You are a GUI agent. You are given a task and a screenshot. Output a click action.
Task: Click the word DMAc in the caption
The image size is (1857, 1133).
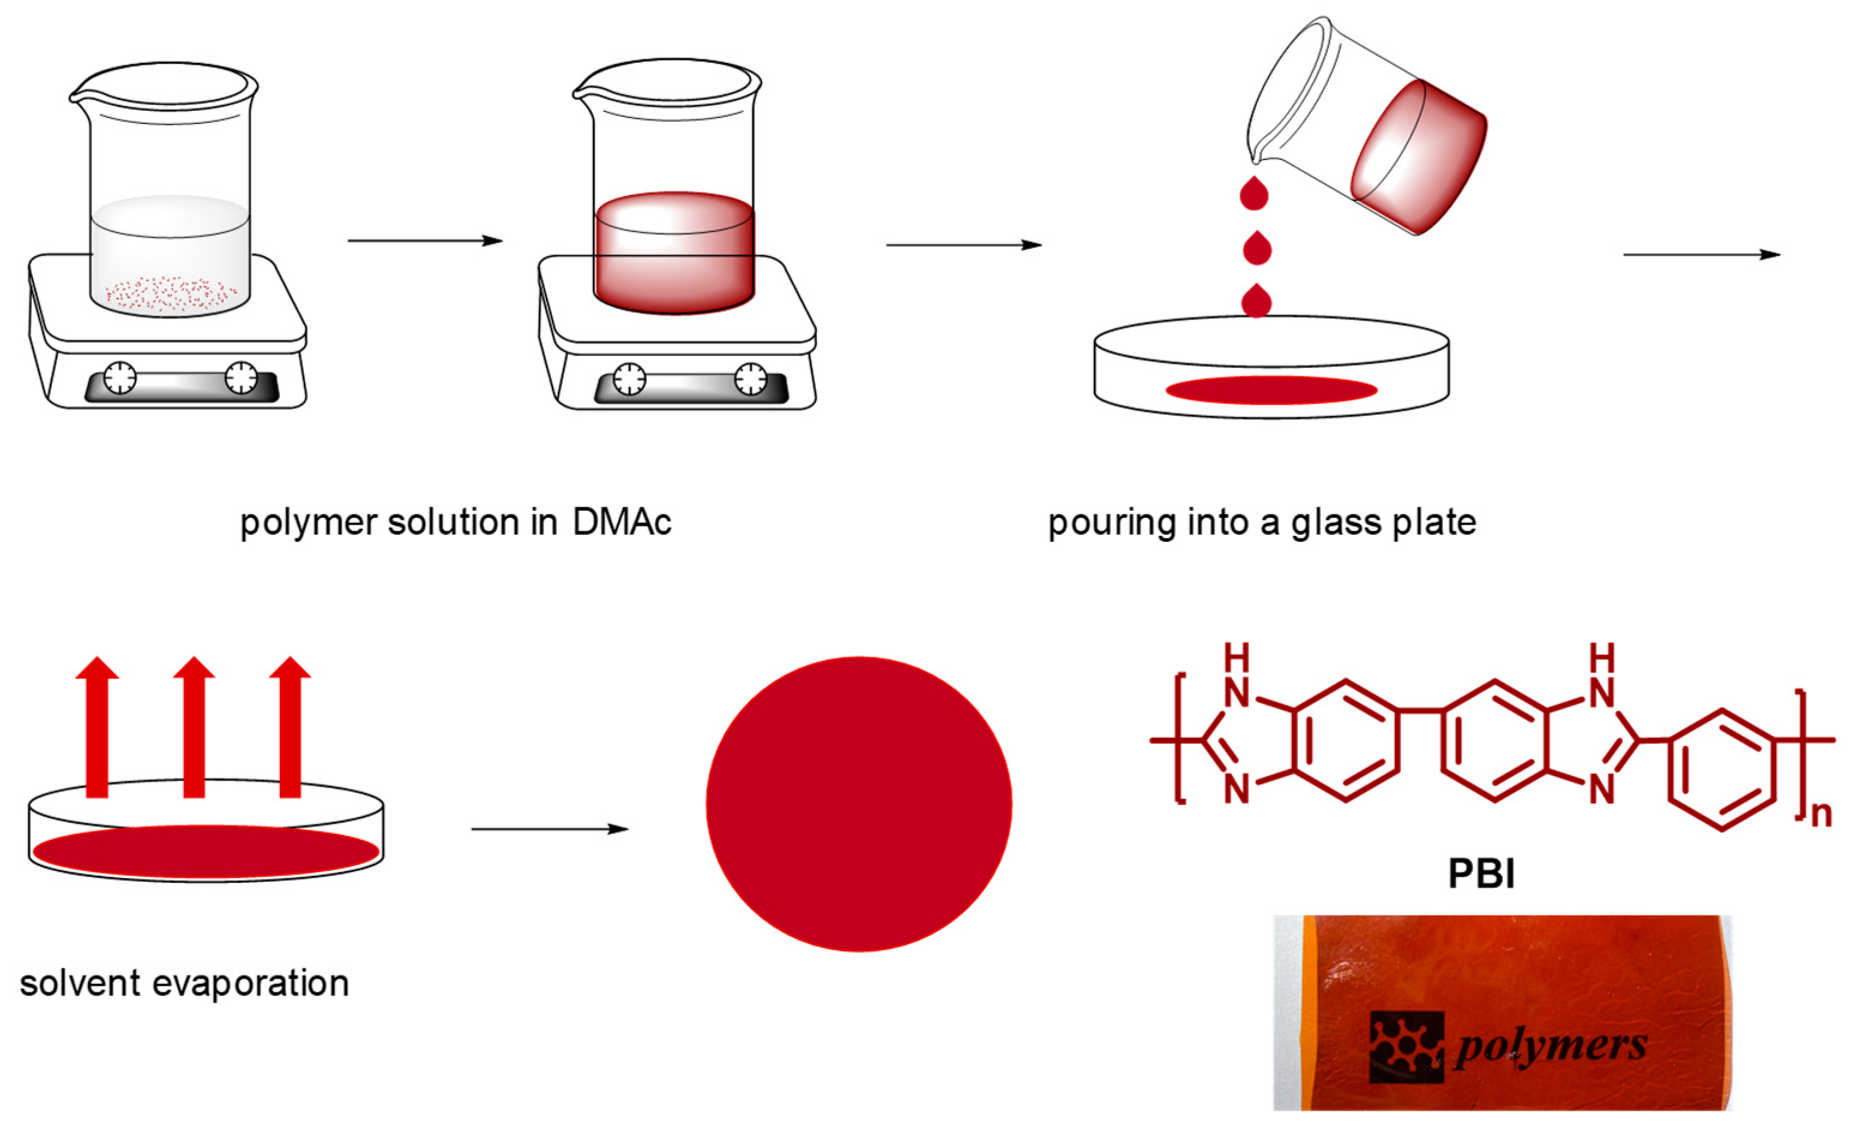622,522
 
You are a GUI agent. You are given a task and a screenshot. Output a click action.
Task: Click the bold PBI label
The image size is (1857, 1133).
1481,873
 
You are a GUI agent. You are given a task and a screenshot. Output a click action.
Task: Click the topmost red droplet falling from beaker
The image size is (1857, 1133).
1254,194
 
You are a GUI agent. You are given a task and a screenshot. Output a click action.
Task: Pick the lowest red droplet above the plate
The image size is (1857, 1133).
1256,302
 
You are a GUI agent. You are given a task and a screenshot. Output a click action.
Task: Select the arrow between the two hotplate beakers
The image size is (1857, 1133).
425,240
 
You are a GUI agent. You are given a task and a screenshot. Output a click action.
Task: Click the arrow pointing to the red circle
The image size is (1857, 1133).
550,829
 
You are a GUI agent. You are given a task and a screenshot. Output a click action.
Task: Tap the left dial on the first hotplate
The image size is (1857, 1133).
120,378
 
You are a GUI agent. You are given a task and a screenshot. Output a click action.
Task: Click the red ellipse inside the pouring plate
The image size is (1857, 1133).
1271,390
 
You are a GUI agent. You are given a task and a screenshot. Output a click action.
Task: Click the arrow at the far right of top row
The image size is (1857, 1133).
1701,255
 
